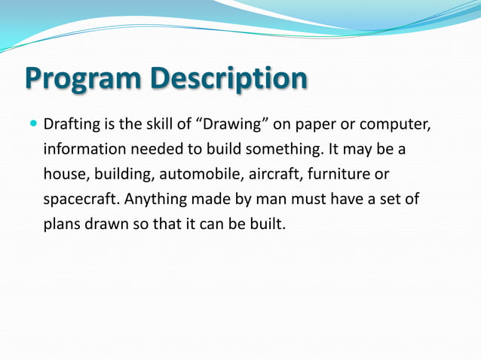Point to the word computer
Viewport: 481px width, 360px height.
point(405,123)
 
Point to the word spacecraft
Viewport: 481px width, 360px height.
point(79,199)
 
